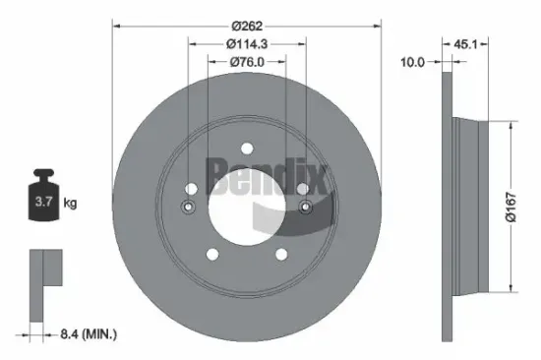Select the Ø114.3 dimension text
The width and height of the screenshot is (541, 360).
[x=246, y=43]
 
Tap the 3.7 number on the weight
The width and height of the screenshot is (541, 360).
[x=44, y=203]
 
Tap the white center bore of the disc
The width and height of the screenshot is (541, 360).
[x=246, y=209]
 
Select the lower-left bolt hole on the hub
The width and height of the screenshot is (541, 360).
[x=211, y=255]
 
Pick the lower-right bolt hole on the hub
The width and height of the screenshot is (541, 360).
[x=281, y=255]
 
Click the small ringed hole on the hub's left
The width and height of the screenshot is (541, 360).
[x=188, y=207]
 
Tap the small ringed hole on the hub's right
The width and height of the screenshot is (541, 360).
[x=305, y=207]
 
